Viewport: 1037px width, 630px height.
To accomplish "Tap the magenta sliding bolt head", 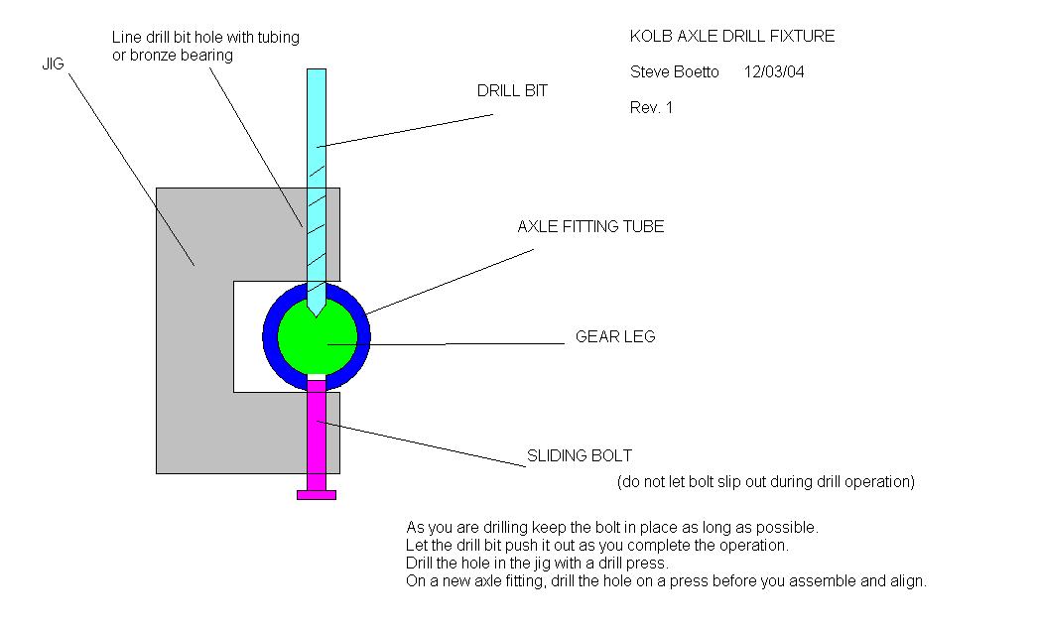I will [x=317, y=494].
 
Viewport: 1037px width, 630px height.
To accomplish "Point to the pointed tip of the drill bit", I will [x=316, y=314].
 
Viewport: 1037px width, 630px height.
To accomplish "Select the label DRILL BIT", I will [x=512, y=91].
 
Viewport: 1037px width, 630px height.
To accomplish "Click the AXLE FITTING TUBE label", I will [x=590, y=227].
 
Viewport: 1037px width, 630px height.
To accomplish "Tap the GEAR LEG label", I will [x=615, y=337].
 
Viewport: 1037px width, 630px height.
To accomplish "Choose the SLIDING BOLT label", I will [x=580, y=456].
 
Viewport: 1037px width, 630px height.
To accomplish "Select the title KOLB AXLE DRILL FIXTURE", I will [x=732, y=37].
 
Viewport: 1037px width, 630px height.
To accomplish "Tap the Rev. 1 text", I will [x=651, y=107].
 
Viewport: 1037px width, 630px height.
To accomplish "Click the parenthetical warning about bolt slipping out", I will [x=765, y=482].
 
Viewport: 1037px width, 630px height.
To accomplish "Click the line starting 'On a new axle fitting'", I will [x=666, y=581].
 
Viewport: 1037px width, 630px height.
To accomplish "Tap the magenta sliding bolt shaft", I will [x=317, y=437].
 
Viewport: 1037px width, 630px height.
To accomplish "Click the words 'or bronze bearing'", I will [x=173, y=56].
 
